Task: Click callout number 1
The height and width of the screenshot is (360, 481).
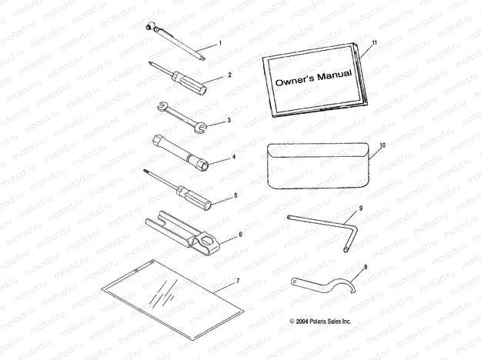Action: pyautogui.click(x=220, y=44)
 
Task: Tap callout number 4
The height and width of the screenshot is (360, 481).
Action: pyautogui.click(x=234, y=157)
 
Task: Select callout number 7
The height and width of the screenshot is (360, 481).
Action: pyautogui.click(x=239, y=281)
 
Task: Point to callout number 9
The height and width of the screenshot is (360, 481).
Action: pyautogui.click(x=361, y=208)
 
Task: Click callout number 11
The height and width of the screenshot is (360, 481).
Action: pyautogui.click(x=374, y=43)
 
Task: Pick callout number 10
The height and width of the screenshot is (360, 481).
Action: pyautogui.click(x=382, y=145)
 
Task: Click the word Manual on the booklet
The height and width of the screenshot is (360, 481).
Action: pyautogui.click(x=334, y=75)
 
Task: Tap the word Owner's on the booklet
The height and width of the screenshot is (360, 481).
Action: pyautogui.click(x=295, y=80)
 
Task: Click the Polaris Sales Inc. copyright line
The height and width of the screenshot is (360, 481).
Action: pyautogui.click(x=320, y=322)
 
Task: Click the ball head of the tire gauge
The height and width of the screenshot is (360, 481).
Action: pyautogui.click(x=150, y=26)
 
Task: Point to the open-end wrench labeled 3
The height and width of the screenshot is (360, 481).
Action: pyautogui.click(x=182, y=118)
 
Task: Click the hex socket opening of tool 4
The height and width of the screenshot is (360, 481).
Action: pyautogui.click(x=204, y=167)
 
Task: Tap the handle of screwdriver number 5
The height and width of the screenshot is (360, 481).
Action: pyautogui.click(x=195, y=198)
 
